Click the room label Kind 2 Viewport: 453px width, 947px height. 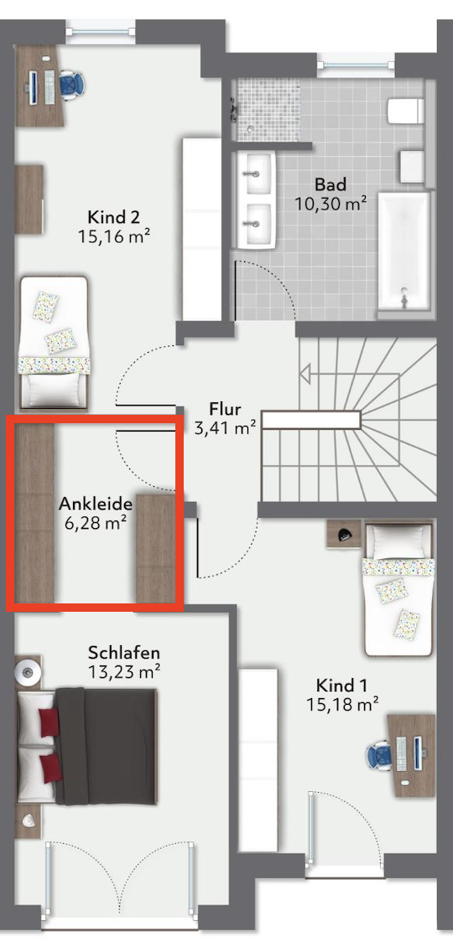click(114, 216)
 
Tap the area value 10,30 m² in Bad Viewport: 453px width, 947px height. click(331, 203)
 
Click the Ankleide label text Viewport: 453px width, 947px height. click(95, 503)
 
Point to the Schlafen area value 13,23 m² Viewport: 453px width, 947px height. click(123, 671)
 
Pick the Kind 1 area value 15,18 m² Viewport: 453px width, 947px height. click(343, 703)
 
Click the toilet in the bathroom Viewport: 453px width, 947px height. click(406, 111)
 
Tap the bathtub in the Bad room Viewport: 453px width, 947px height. click(404, 253)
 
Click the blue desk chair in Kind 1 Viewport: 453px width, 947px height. click(380, 755)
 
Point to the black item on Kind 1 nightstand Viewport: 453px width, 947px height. click(346, 533)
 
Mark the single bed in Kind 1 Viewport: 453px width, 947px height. click(398, 589)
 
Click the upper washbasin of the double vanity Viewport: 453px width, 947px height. click(256, 173)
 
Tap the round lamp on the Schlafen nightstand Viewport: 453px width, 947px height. click(27, 671)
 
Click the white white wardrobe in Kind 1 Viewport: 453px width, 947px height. click(258, 759)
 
